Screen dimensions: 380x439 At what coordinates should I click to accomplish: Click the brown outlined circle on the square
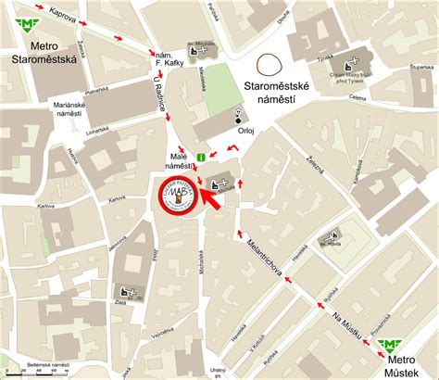(270, 64)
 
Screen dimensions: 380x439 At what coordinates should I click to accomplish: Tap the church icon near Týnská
(350, 67)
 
